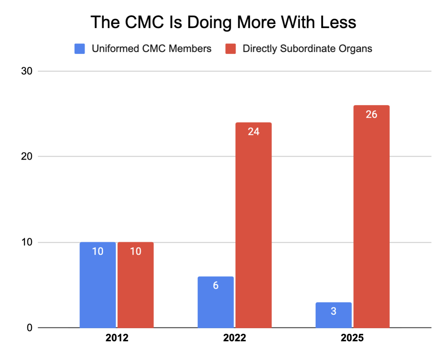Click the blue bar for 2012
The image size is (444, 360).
click(x=98, y=285)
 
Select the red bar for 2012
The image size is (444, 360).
click(x=135, y=285)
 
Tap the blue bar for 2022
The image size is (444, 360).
click(x=216, y=302)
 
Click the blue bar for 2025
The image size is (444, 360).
click(x=334, y=315)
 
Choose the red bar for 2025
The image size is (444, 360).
click(x=371, y=216)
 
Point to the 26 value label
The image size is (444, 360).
click(x=371, y=114)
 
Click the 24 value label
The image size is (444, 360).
click(x=254, y=132)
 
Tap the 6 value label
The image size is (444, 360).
click(x=216, y=286)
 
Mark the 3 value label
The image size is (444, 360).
click(x=334, y=311)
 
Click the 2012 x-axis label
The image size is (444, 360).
click(x=117, y=338)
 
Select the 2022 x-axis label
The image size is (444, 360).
click(x=235, y=338)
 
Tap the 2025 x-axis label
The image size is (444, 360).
click(x=352, y=338)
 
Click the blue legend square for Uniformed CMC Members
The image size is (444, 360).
click(x=80, y=49)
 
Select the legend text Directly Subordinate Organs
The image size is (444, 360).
click(x=307, y=49)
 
